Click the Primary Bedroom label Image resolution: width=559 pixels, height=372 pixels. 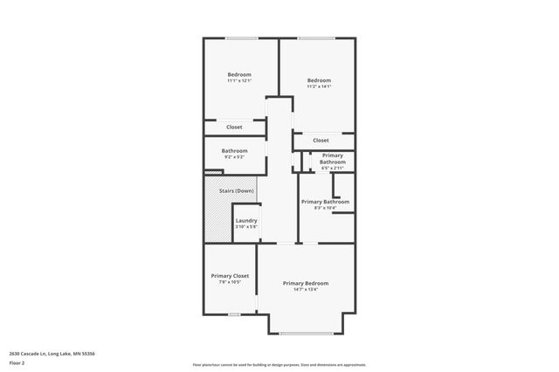tap(306, 283)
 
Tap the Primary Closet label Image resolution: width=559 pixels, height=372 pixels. tap(230, 276)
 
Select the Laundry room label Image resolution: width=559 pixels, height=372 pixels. tap(246, 220)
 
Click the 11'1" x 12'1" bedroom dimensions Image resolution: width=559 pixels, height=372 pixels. tap(239, 81)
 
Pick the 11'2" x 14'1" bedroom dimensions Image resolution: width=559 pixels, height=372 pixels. tap(319, 86)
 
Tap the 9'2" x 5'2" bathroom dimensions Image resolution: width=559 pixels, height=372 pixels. tap(234, 157)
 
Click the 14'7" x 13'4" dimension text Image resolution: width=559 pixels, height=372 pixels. tap(306, 290)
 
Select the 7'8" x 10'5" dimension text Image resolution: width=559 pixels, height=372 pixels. tap(230, 283)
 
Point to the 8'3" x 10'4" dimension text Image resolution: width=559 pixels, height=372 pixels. tap(325, 208)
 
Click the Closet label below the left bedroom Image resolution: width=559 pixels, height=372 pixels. tap(234, 127)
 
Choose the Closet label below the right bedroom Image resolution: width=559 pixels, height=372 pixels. tap(321, 140)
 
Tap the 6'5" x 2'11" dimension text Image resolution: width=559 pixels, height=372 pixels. tap(332, 168)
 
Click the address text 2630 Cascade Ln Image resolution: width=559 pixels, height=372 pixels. tap(52, 353)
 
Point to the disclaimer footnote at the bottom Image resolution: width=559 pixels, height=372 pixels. tap(279, 365)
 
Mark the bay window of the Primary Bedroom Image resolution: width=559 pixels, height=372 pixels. tap(306, 333)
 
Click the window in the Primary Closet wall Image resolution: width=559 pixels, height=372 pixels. tap(233, 314)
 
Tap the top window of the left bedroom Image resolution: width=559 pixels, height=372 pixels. tap(241, 38)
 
